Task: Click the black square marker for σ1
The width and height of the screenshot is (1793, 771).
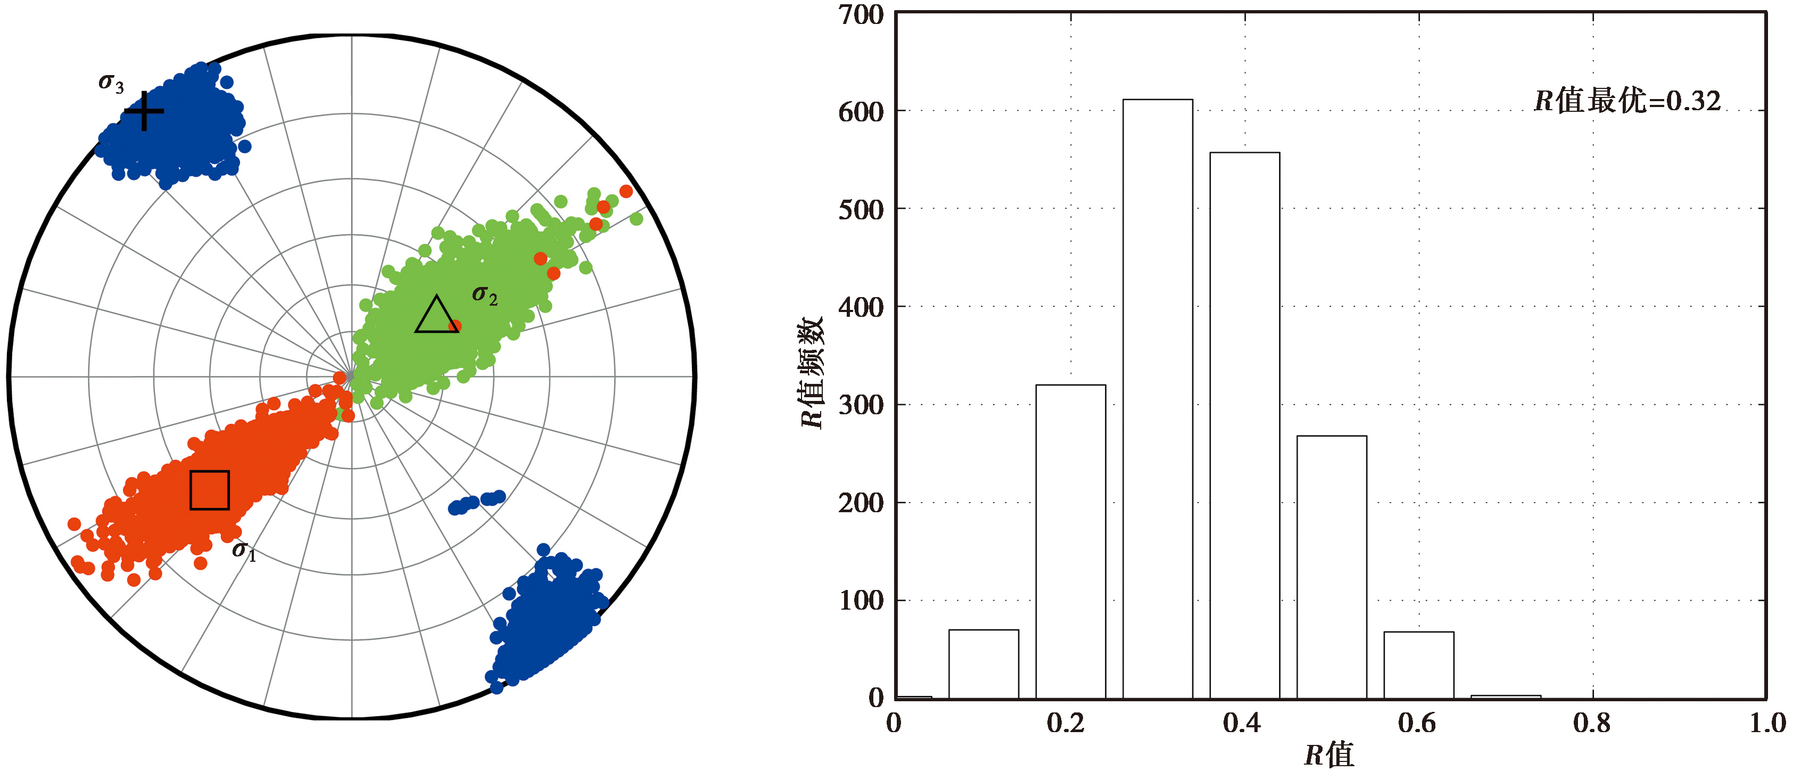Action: click(210, 490)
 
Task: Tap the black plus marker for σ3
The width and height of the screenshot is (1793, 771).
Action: click(143, 111)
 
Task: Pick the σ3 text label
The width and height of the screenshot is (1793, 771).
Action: click(111, 83)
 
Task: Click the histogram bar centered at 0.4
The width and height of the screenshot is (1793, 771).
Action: click(1244, 425)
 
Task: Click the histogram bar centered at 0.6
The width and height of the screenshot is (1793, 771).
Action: click(1418, 665)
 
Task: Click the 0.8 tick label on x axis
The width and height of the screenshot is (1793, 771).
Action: click(1592, 724)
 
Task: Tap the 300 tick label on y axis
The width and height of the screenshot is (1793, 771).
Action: click(861, 405)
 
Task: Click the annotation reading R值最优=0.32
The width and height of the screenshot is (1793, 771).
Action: click(1626, 102)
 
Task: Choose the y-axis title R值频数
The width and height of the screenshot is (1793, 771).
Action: click(812, 373)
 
